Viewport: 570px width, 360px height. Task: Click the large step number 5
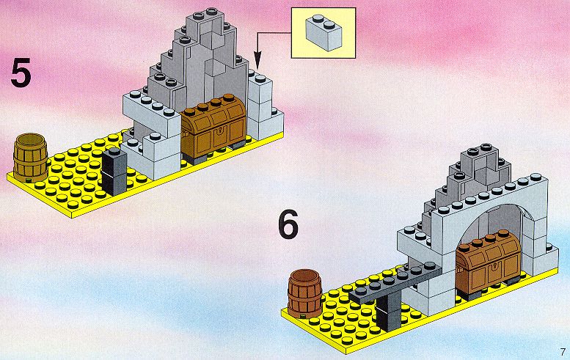[x=21, y=74]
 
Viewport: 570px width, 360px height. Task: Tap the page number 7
[x=563, y=352]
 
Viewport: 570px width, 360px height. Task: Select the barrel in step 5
[x=31, y=158]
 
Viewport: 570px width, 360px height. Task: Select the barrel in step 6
[x=304, y=293]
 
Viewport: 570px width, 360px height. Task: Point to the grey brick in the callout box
[x=324, y=32]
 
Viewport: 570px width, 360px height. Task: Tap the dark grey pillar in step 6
[x=389, y=312]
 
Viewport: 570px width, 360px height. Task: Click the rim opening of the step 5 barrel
[x=31, y=139]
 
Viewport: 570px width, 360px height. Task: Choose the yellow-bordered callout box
[x=324, y=33]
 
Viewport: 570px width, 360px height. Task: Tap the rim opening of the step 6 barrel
[x=304, y=276]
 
